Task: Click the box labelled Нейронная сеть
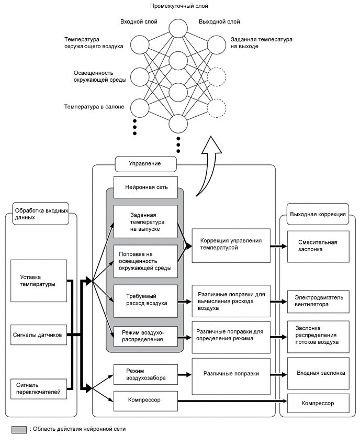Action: click(x=145, y=187)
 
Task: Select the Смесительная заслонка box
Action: click(x=317, y=246)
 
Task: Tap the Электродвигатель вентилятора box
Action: click(x=317, y=300)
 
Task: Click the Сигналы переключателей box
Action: click(x=40, y=387)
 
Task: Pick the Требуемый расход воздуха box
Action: click(x=145, y=300)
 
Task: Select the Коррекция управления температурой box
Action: click(x=231, y=245)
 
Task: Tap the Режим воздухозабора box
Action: click(x=145, y=374)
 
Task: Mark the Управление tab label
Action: click(x=145, y=164)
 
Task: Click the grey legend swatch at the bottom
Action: click(x=19, y=429)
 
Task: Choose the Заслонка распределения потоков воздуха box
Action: click(x=317, y=336)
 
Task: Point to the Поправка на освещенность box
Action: click(x=145, y=260)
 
